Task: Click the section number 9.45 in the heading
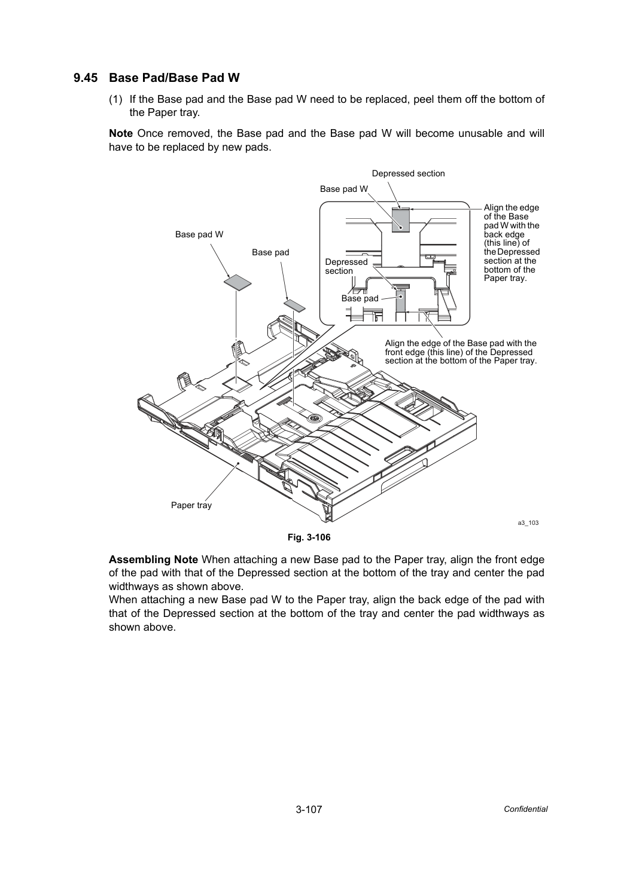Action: click(86, 78)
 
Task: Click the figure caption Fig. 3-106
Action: click(309, 537)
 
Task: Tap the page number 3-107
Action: click(309, 809)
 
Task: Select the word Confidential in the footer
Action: click(525, 809)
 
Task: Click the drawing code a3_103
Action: click(528, 523)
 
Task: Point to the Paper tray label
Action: click(191, 505)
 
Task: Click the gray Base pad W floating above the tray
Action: click(238, 283)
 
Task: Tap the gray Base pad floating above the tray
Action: click(295, 306)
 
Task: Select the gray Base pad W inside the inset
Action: click(400, 221)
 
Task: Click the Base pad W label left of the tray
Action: click(199, 234)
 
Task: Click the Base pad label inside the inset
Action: click(360, 298)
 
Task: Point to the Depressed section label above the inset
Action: click(409, 173)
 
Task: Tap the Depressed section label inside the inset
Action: click(346, 267)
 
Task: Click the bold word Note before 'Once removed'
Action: click(121, 133)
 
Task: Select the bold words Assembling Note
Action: click(153, 560)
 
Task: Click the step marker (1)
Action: click(115, 99)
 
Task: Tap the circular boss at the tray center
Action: click(313, 418)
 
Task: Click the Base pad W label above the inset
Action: click(344, 190)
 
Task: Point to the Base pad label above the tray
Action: click(270, 252)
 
